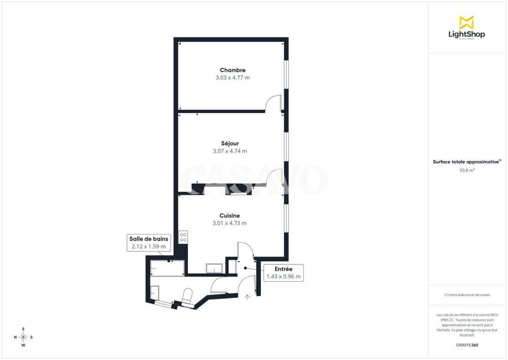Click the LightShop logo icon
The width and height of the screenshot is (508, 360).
pos(466,22)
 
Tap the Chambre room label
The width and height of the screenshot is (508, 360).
pos(233,70)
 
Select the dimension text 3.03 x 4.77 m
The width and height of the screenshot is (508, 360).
pos(233,78)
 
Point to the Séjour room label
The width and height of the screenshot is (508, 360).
pos(230,143)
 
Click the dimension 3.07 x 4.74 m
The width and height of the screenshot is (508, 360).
pos(230,151)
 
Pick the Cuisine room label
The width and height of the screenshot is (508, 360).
pos(230,216)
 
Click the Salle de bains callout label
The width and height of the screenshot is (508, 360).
pos(149,238)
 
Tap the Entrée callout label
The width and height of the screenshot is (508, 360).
pos(283,269)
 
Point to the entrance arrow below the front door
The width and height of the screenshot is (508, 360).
pos(247,297)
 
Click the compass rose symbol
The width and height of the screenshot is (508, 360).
pos(23,337)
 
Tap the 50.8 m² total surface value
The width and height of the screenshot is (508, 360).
pos(467,170)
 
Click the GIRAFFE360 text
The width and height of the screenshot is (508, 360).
pos(467,345)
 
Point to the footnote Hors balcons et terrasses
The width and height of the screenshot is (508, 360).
pos(467,295)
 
